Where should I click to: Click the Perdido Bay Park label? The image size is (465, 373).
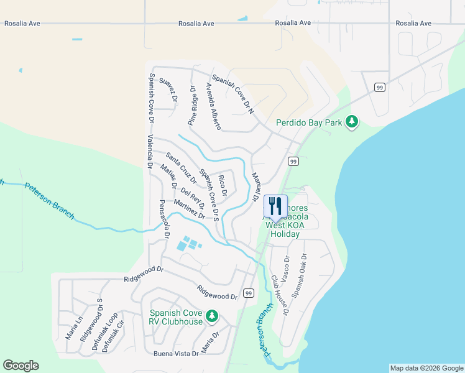point(309,123)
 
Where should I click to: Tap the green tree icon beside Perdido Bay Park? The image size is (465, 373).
point(352,121)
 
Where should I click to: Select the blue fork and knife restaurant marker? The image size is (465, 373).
point(275,206)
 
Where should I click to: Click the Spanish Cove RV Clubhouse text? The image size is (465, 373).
point(176,317)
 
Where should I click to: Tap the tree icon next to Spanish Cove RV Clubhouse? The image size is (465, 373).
point(212,317)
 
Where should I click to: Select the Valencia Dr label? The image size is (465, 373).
point(149,152)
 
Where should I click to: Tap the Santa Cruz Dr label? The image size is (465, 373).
point(181,167)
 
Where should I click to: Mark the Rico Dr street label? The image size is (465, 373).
point(222,185)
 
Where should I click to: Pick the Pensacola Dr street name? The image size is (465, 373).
point(164,219)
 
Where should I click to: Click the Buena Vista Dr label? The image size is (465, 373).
point(176,353)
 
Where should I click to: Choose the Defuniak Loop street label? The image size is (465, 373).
point(104,332)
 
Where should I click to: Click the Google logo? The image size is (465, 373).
point(21,366)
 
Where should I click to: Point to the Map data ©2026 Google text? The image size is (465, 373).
point(426,368)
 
